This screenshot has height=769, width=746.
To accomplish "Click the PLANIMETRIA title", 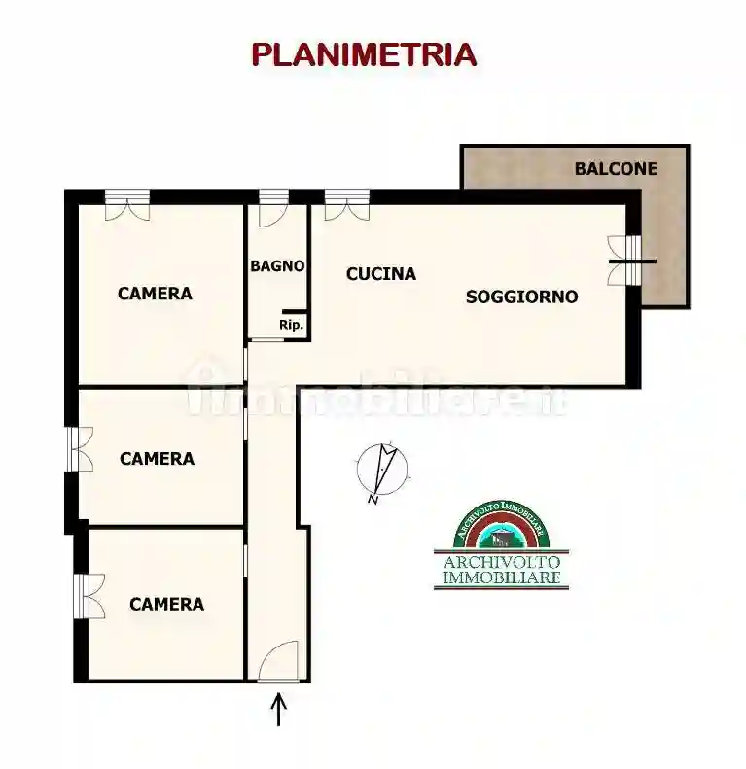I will tap(364, 54).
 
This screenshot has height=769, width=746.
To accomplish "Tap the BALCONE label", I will tap(616, 168).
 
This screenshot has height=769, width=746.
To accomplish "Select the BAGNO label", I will tap(278, 265).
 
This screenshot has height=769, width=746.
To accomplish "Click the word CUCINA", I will tap(381, 274).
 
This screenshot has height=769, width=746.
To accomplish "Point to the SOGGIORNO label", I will tap(521, 297).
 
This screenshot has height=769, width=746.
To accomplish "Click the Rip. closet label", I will tap(291, 326).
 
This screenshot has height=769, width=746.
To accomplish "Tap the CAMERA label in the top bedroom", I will tap(155, 293).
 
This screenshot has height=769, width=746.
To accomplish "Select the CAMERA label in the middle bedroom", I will tap(157, 458).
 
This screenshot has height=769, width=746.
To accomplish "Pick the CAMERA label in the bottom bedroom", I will tap(166, 604).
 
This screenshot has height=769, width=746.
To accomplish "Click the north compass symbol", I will tap(380, 471).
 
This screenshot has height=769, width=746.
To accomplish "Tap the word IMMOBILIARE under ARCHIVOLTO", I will tap(501, 579).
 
